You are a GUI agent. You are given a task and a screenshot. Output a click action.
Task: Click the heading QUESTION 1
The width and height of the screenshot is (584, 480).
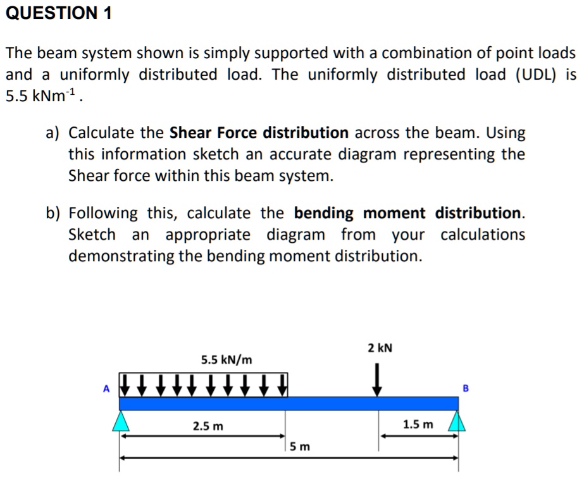pos(59,14)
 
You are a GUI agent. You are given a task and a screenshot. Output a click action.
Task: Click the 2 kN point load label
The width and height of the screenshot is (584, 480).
pos(380,348)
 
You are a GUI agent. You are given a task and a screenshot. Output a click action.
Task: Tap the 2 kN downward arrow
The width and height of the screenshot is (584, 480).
pos(378,379)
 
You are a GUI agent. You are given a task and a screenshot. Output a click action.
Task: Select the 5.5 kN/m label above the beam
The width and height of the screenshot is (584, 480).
pos(227,360)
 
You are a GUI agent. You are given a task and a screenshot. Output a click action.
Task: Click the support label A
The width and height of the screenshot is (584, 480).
pos(107,389)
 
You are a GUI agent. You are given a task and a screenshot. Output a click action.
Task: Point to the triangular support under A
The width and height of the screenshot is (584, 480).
pos(121,421)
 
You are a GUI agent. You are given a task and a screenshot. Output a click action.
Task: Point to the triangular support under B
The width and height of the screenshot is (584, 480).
pos(457,421)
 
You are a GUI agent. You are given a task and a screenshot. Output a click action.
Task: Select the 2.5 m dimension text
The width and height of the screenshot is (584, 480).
pos(208,426)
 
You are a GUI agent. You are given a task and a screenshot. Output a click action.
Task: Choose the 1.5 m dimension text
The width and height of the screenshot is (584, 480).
pos(418,424)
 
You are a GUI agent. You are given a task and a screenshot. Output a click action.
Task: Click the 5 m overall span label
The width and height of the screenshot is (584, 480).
pos(301,447)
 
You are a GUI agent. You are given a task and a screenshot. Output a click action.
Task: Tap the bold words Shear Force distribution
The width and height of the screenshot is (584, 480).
pos(259,133)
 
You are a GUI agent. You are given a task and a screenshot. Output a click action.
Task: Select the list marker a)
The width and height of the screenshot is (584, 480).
pos(53,133)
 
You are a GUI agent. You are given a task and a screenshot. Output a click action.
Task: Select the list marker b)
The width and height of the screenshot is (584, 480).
pos(53,212)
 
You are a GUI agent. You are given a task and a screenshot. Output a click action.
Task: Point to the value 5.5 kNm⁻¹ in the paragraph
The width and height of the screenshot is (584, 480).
pos(44,97)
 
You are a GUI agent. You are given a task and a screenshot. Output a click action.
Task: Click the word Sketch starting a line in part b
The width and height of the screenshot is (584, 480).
pos(92,235)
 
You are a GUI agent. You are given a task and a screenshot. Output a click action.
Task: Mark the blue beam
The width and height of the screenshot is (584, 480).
pos(289,403)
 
